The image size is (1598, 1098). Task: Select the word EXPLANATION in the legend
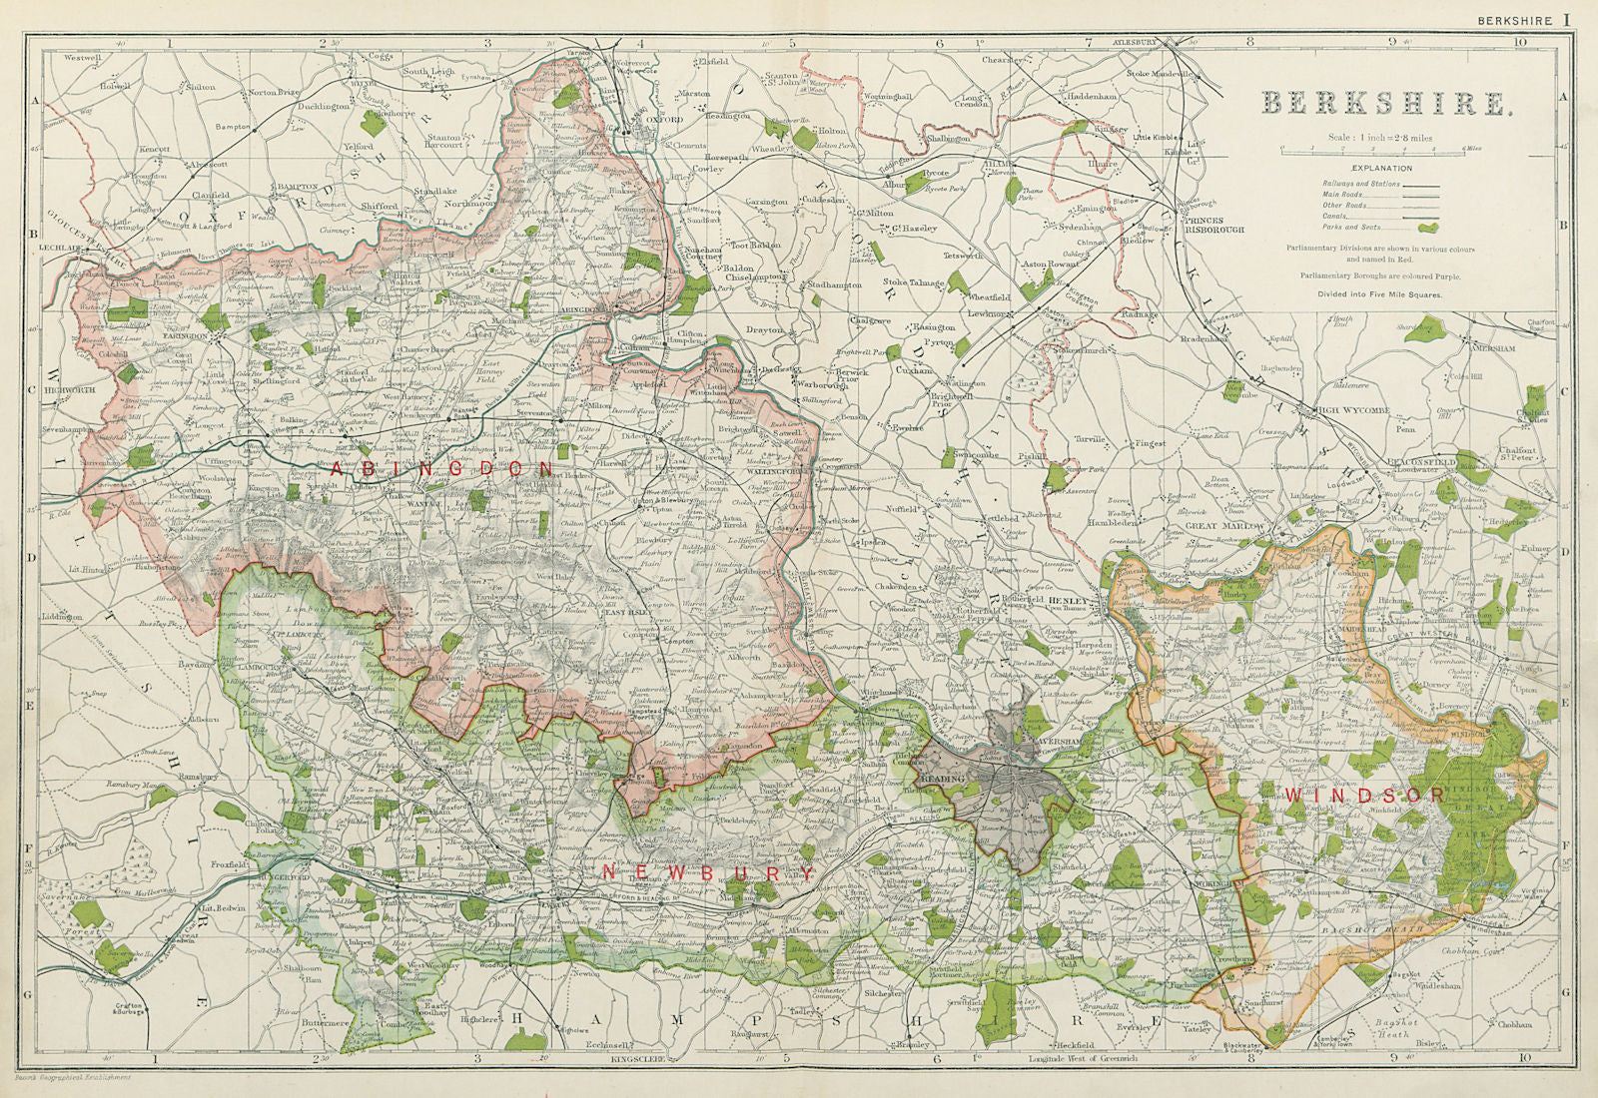pyautogui.click(x=1383, y=169)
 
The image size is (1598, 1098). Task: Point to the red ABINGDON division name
pyautogui.click(x=442, y=467)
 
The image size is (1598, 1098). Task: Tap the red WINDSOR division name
pyautogui.click(x=1364, y=795)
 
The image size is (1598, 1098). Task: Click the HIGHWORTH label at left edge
pyautogui.click(x=69, y=389)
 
